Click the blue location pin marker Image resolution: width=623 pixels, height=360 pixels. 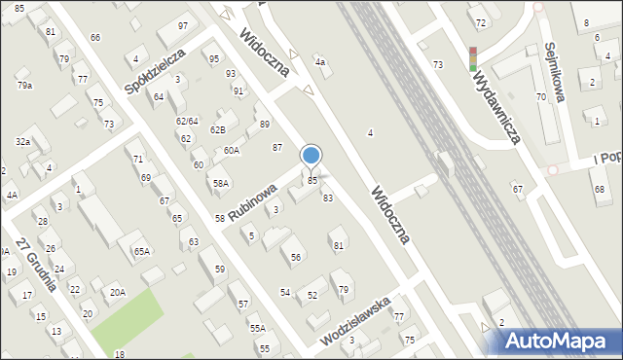coord(311,156)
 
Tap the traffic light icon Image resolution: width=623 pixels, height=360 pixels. coord(473,58)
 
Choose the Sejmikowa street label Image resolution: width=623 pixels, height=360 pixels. coord(556,72)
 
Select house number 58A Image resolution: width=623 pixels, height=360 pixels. coord(221,183)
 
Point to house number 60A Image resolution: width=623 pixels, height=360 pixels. coord(231,150)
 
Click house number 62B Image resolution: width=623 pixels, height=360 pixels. coord(218,129)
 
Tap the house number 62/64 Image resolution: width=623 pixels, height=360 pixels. coord(187,121)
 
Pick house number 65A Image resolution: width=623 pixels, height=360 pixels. coord(142,251)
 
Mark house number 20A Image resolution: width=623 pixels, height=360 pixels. coord(117,292)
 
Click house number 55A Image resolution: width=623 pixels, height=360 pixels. coord(257,329)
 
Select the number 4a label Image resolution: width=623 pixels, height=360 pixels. coord(319,62)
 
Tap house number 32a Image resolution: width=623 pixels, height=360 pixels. coord(22,142)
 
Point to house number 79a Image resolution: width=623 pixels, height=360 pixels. coord(24,86)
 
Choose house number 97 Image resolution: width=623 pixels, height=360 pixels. coord(183,25)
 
